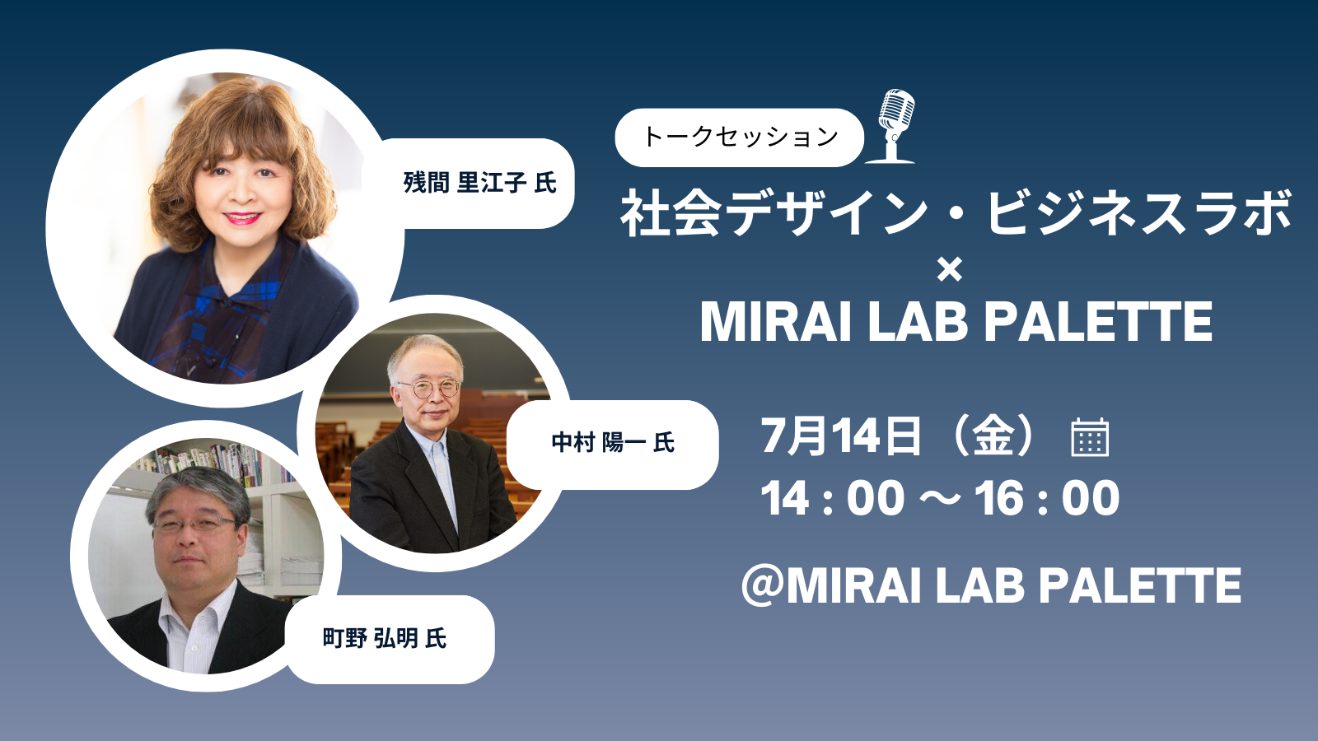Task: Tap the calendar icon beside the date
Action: click(x=1090, y=437)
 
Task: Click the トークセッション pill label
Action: click(x=739, y=137)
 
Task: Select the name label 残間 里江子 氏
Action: click(x=479, y=183)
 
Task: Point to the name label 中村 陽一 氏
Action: click(x=613, y=443)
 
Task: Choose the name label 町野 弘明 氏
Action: click(x=385, y=639)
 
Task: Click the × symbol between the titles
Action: click(x=949, y=270)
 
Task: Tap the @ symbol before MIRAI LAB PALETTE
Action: click(x=763, y=585)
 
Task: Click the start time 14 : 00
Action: click(x=833, y=498)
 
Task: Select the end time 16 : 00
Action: click(x=1047, y=498)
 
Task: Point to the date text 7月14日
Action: click(x=841, y=436)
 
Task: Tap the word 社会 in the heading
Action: click(x=671, y=213)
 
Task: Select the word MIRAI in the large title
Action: click(x=776, y=321)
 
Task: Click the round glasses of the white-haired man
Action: click(x=429, y=389)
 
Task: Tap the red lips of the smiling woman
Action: click(x=242, y=218)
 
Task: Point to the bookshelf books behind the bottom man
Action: click(x=212, y=462)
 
